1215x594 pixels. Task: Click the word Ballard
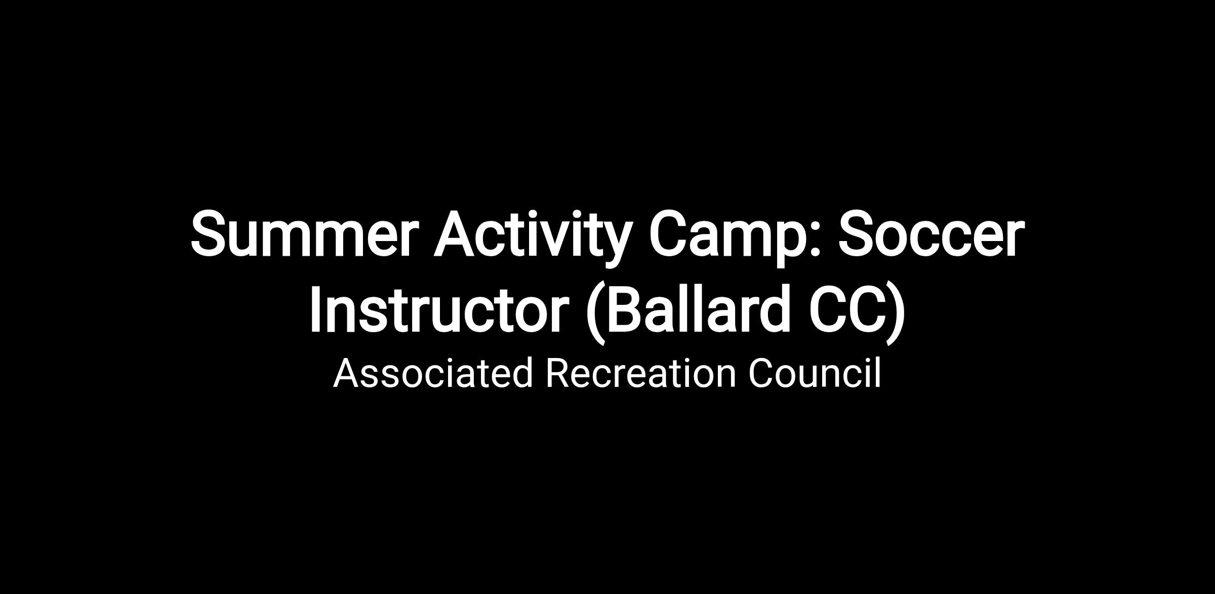point(699,308)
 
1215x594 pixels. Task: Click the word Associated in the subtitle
point(433,373)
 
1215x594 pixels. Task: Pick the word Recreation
point(640,373)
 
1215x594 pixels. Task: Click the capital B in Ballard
point(626,309)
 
